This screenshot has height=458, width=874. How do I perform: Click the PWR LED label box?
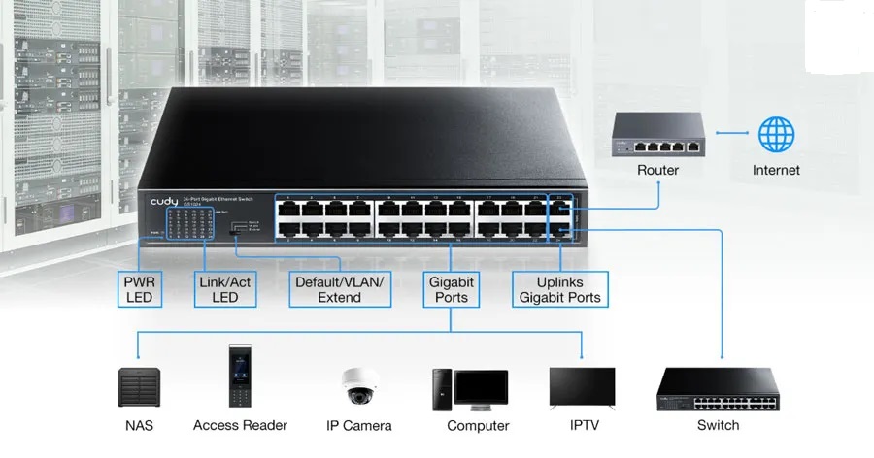140,289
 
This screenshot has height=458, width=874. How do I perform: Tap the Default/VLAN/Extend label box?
339,289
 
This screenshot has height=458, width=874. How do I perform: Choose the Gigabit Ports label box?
451,289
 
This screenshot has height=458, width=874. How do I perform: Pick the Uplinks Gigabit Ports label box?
560,289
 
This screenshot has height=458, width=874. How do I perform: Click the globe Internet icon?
776,136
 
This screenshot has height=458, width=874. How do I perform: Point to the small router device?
657,136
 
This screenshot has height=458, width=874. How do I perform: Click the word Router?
657,171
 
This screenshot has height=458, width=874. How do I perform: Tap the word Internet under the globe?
776,171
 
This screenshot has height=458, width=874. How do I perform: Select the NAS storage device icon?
139,387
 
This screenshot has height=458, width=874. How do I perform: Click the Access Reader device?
240,376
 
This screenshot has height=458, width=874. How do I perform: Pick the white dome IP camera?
357,386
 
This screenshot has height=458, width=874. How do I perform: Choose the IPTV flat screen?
582,386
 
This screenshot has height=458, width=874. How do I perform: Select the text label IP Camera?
359,426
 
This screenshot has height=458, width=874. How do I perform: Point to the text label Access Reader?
240,425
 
